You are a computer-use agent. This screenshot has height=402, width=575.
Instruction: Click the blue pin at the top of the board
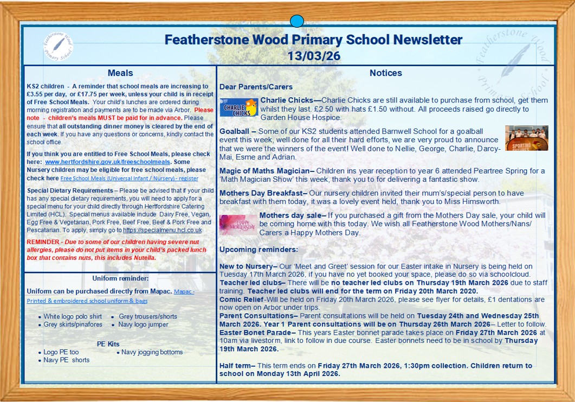(296, 21)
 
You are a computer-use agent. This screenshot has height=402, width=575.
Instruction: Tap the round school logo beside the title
(59, 46)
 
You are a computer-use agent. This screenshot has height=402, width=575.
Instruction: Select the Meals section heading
(120, 73)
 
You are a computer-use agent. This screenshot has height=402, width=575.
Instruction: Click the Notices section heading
(385, 73)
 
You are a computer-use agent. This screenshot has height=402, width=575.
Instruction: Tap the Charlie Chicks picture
(239, 107)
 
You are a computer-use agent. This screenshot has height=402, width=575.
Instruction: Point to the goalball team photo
(526, 138)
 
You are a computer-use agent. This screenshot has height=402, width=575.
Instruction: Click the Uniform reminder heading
(120, 279)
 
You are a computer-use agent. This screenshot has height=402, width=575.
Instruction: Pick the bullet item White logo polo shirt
(73, 316)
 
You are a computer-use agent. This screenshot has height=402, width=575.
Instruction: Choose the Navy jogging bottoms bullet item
(152, 352)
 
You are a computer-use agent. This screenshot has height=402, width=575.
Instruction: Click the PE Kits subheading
(108, 344)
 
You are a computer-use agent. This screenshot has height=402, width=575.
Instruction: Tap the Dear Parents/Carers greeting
(256, 87)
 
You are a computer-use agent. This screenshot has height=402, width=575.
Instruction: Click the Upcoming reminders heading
(259, 250)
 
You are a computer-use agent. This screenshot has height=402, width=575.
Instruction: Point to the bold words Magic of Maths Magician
(264, 171)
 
